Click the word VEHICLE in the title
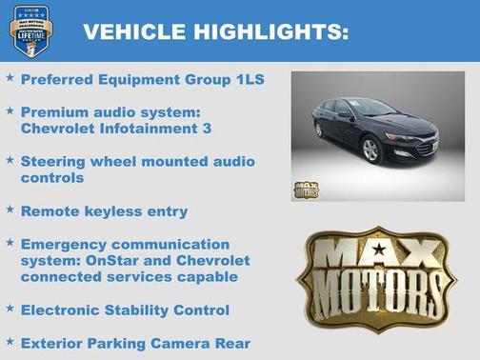click(133, 31)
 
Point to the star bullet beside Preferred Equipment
click(10, 79)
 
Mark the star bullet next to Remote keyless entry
click(10, 210)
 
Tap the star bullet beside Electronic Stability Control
click(10, 309)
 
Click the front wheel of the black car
click(370, 150)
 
